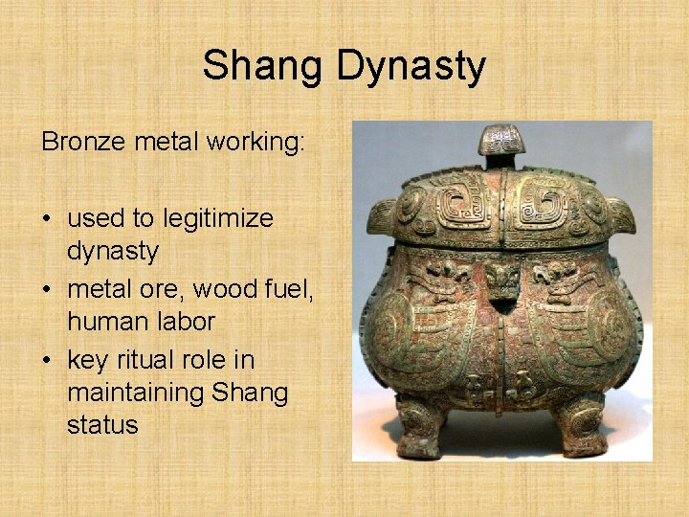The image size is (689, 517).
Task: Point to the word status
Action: pos(102,425)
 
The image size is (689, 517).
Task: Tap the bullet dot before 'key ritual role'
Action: pos(47,361)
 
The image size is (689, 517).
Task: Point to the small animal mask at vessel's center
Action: pos(500,281)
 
